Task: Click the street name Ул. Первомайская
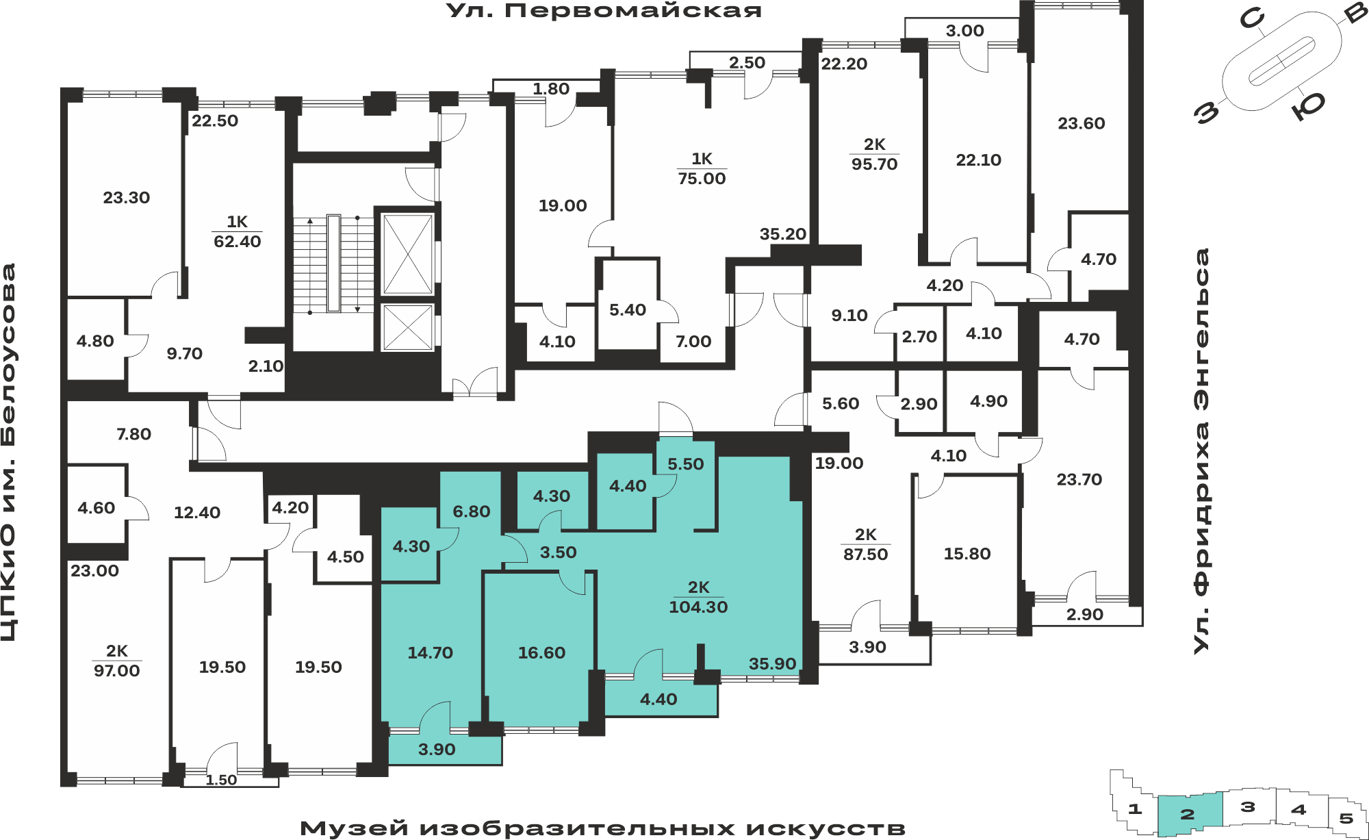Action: tap(604, 11)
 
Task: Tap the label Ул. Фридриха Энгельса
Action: tap(1202, 450)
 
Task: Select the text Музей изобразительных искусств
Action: tap(602, 828)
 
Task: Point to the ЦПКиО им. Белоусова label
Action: tap(9, 452)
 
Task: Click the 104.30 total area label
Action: tap(698, 607)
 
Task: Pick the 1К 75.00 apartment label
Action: tap(702, 168)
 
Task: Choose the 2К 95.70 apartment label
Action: tap(874, 154)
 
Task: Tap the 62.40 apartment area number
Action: tap(238, 242)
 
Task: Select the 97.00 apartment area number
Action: tap(116, 671)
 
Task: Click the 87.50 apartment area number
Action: tap(865, 555)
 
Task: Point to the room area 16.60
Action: tap(541, 653)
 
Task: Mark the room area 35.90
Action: tap(772, 664)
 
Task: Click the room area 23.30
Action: tap(126, 198)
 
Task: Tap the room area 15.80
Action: tap(967, 554)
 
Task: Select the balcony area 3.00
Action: tap(964, 31)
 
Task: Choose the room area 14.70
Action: tap(430, 653)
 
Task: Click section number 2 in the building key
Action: tap(1188, 814)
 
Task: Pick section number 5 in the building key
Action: tap(1346, 818)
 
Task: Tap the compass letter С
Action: tap(1251, 18)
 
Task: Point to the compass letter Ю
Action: tap(1308, 106)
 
